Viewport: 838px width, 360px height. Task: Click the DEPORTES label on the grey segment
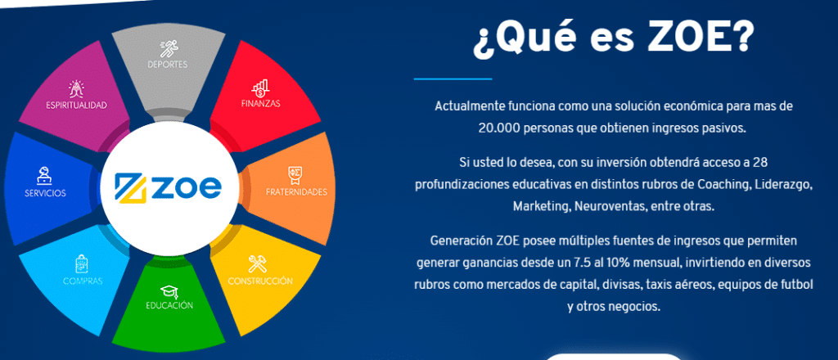click(167, 65)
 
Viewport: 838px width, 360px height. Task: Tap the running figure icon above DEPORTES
click(168, 49)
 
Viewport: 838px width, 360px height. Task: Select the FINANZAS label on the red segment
click(260, 104)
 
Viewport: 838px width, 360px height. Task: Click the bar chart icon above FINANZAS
click(260, 88)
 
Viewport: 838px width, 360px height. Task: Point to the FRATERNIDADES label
click(296, 191)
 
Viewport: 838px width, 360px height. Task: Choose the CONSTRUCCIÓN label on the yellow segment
click(260, 281)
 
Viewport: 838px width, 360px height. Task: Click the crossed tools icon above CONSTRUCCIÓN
click(257, 263)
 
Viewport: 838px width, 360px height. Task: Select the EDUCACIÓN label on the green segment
click(169, 305)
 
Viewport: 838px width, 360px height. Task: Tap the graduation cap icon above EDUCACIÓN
click(169, 291)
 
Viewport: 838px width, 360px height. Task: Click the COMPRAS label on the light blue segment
click(83, 281)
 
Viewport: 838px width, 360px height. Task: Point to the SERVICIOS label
click(46, 193)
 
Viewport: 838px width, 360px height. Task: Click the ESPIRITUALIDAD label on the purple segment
click(76, 106)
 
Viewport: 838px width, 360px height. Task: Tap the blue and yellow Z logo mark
click(131, 187)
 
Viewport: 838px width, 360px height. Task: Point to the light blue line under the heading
click(453, 79)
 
